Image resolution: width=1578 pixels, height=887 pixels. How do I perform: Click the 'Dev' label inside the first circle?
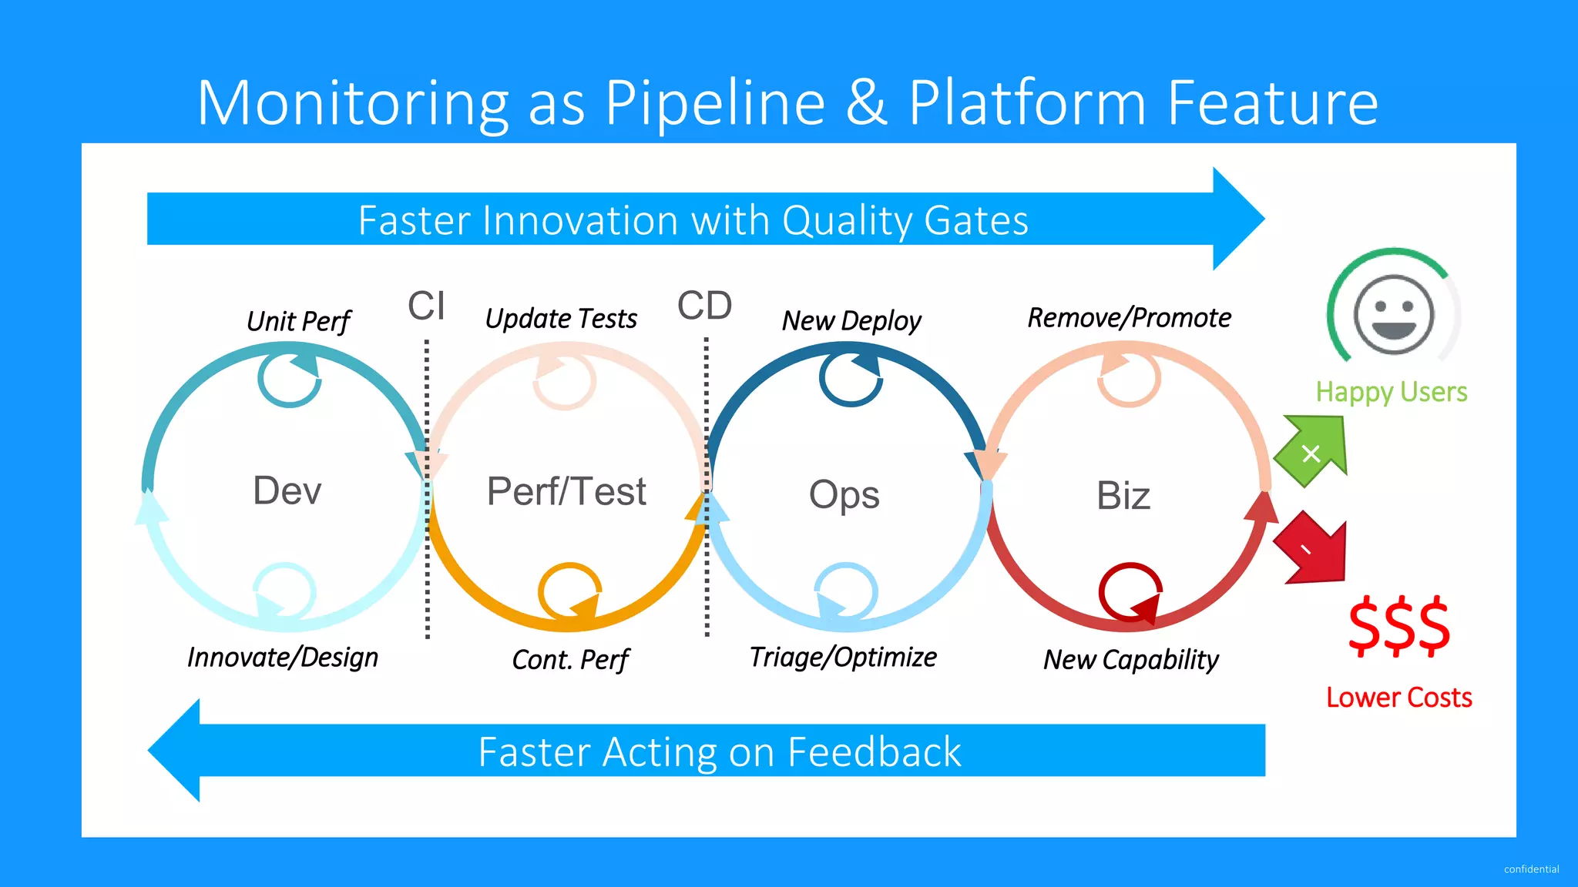287,491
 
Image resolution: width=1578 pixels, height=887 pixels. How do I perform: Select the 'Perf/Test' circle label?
566,492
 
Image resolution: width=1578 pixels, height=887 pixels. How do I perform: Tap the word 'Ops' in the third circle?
844,495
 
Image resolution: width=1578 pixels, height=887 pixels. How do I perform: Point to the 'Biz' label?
1123,496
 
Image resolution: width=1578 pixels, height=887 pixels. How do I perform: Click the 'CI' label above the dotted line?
426,306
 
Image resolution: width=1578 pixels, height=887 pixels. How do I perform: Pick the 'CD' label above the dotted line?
704,306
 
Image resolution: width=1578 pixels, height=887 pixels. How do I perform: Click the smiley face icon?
1394,314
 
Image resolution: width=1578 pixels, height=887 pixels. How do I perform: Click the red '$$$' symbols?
1398,626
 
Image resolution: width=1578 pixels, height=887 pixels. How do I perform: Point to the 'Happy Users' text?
1391,392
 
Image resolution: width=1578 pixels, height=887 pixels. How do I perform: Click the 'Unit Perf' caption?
298,321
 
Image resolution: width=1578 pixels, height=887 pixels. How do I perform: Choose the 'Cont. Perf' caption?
570,660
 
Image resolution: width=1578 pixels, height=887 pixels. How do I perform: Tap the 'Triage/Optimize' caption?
843,658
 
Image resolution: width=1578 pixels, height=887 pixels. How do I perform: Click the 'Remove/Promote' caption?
1129,318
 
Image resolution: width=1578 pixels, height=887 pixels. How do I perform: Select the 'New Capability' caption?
1130,660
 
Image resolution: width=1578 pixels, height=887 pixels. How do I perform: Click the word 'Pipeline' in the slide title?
714,103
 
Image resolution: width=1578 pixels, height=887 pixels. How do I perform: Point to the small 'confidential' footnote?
1531,869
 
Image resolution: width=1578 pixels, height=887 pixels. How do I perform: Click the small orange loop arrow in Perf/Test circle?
569,591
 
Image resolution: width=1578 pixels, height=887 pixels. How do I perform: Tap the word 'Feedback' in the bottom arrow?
874,752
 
